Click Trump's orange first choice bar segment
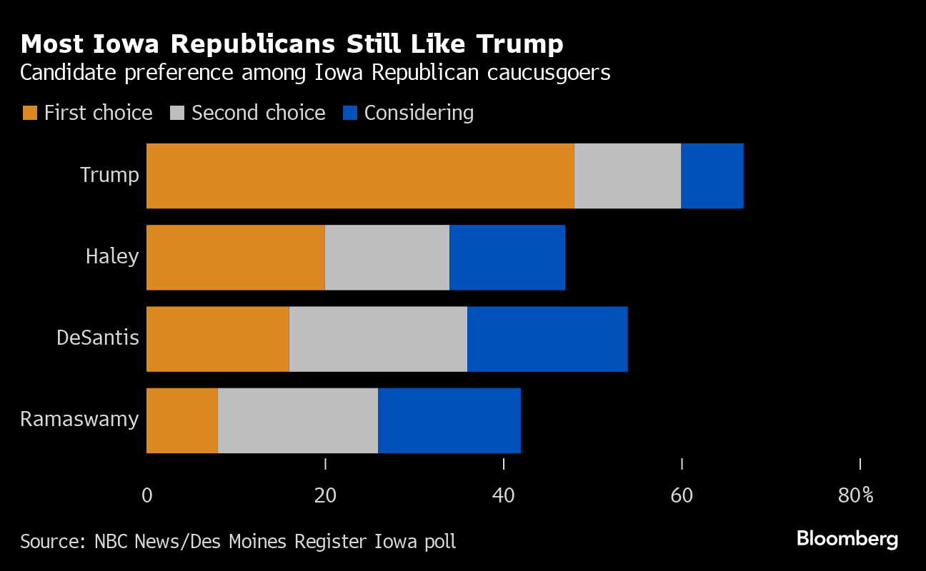coord(360,176)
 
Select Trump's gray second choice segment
coord(627,176)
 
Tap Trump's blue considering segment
coord(712,176)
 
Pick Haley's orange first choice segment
coord(235,258)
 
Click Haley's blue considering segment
coord(507,258)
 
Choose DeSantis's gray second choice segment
coord(378,339)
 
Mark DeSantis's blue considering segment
coord(547,339)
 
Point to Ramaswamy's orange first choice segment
coord(181,420)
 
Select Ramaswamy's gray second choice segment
coord(297,420)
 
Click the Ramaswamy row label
coord(79,419)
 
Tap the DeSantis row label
coord(98,338)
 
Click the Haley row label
coord(112,256)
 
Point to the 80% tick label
coord(856,495)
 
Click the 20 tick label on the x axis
coord(325,495)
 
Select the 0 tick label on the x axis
coord(147,495)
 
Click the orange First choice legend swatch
coord(30,113)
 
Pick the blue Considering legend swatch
coord(350,113)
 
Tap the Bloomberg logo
coord(847,539)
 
